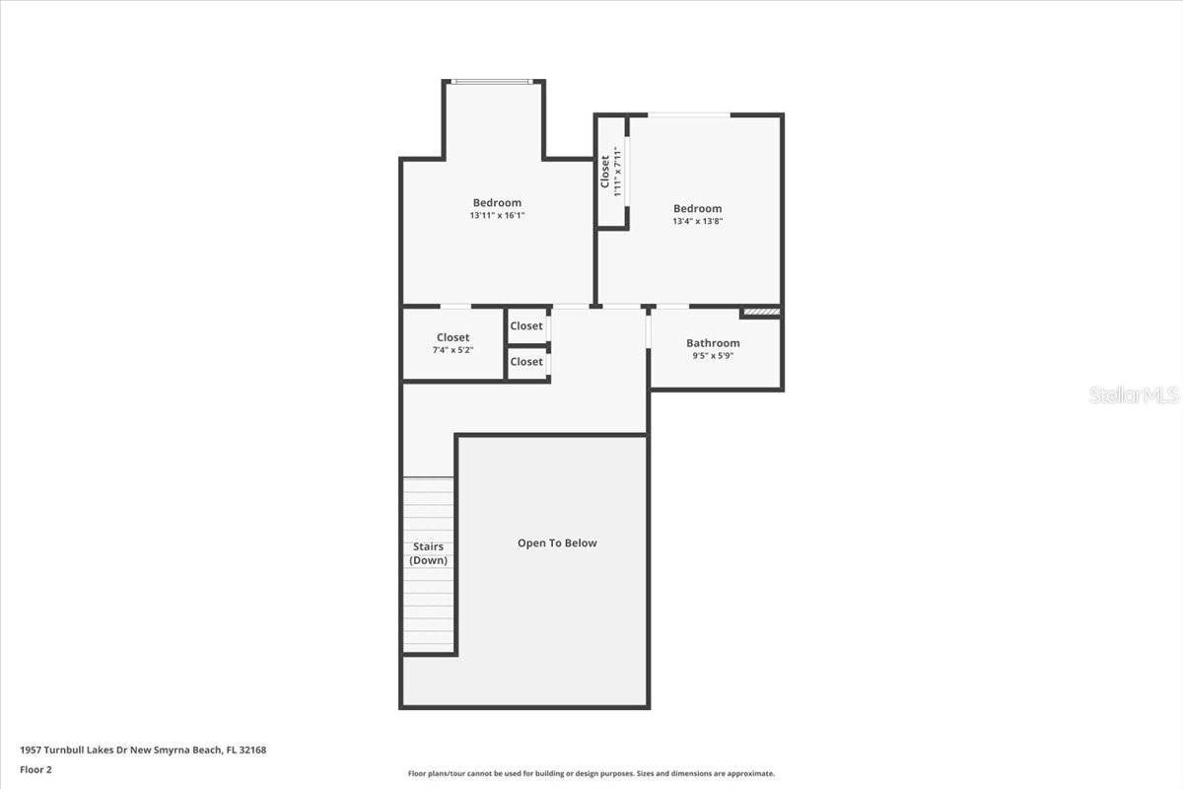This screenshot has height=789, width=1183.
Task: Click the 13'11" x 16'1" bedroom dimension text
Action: pyautogui.click(x=497, y=215)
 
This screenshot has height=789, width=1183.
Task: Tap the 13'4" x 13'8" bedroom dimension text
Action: pyautogui.click(x=697, y=221)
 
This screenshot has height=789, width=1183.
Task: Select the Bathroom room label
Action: pyautogui.click(x=713, y=343)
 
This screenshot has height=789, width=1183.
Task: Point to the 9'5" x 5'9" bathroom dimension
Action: pyautogui.click(x=713, y=355)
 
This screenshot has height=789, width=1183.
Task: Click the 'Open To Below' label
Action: pyautogui.click(x=557, y=543)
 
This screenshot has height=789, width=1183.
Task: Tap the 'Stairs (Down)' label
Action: pyautogui.click(x=428, y=553)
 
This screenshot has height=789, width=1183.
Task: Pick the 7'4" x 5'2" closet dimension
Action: pyautogui.click(x=453, y=350)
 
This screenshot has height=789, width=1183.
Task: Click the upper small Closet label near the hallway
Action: pyautogui.click(x=526, y=326)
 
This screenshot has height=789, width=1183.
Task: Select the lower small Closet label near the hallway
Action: pyautogui.click(x=526, y=362)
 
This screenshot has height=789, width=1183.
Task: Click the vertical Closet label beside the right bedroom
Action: pyautogui.click(x=605, y=172)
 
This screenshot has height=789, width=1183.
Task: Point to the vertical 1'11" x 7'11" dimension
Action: pyautogui.click(x=618, y=172)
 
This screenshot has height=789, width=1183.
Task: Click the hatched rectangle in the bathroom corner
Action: pyautogui.click(x=761, y=312)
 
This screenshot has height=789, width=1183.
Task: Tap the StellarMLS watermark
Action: pyautogui.click(x=1134, y=394)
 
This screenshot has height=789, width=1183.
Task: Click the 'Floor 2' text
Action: pyautogui.click(x=35, y=769)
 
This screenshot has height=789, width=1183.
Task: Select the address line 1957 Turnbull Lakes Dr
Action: pyautogui.click(x=143, y=750)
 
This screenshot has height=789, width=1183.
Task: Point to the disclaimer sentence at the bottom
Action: pyautogui.click(x=591, y=774)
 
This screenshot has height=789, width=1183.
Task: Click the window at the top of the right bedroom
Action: pyautogui.click(x=689, y=115)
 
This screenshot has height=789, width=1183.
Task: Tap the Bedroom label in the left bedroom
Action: pyautogui.click(x=497, y=203)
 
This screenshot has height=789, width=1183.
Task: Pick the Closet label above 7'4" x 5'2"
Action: pyautogui.click(x=453, y=337)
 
